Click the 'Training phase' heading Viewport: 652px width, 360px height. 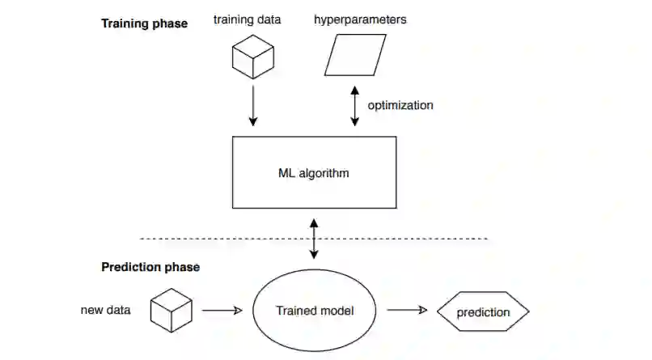coord(144,23)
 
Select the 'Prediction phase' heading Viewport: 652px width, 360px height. coord(150,267)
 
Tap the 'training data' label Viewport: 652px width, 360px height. coord(247,19)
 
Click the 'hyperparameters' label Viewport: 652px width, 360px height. coord(360,19)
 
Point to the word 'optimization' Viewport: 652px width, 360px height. coord(400,105)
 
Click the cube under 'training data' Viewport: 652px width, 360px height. coord(252,57)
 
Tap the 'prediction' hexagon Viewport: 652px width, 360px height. coord(483,312)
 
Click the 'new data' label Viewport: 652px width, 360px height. coord(106,311)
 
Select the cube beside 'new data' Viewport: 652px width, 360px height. coord(171,311)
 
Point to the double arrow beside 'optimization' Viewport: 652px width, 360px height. coord(354,105)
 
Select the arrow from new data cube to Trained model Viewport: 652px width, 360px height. coord(222,311)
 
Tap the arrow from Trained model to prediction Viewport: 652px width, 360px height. coord(407,311)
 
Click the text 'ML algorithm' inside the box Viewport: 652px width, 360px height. coord(314,172)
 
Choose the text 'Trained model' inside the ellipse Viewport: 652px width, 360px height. coord(314,311)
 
